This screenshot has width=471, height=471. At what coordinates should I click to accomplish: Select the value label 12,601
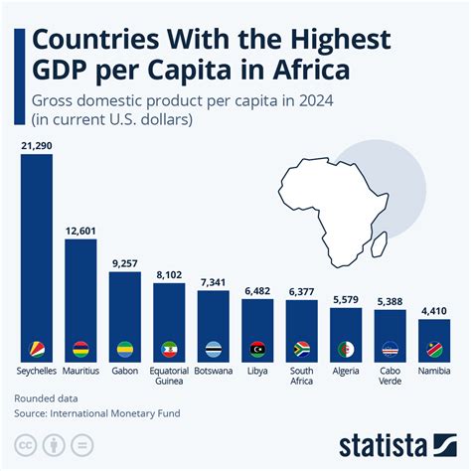pos(80,232)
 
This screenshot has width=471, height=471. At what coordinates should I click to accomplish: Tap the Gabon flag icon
pos(124,350)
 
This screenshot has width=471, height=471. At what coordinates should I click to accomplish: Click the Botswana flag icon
pos(214,350)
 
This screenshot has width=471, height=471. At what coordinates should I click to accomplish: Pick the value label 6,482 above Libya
pos(257,291)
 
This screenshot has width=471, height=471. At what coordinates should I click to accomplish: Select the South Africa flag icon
pos(302,350)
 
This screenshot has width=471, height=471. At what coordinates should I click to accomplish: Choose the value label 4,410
pos(434,311)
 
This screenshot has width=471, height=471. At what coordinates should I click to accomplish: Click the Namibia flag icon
pos(434,350)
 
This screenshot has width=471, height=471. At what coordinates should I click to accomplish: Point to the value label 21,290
pos(36,146)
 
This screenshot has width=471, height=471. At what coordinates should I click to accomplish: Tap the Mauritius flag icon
pos(80,350)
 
